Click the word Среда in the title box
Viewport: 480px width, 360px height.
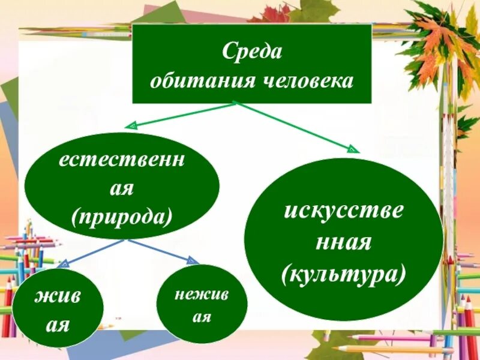point(252,52)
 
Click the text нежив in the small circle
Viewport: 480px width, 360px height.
point(202,294)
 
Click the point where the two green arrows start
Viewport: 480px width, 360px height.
point(235,103)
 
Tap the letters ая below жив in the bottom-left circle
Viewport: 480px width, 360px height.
point(58,325)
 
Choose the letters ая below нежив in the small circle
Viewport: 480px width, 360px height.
point(202,316)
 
